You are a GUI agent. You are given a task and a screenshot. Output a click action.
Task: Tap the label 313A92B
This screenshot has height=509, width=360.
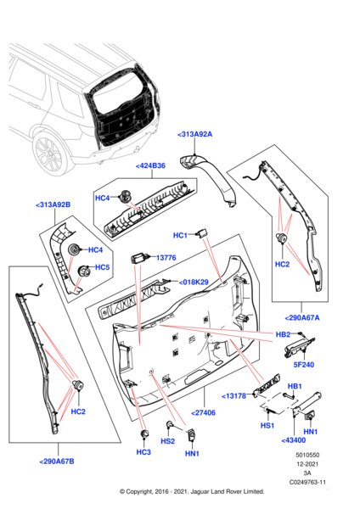click(53, 204)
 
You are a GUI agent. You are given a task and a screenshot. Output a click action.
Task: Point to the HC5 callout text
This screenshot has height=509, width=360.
click(102, 268)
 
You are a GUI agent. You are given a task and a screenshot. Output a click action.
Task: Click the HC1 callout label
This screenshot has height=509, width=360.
click(180, 235)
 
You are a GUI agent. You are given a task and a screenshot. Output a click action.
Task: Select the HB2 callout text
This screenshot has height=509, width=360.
click(283, 334)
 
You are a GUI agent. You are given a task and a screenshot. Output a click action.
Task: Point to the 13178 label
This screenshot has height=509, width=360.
click(237, 395)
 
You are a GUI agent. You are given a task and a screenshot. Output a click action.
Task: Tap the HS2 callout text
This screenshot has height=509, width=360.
click(168, 441)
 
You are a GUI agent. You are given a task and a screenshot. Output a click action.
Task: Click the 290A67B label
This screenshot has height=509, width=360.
click(57, 461)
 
